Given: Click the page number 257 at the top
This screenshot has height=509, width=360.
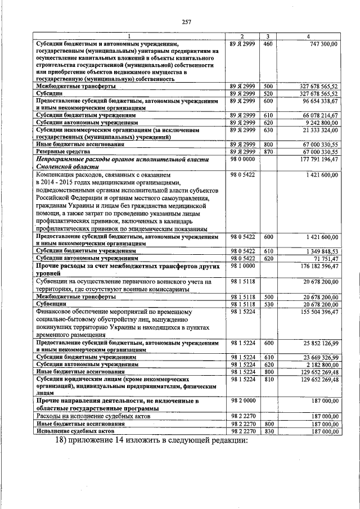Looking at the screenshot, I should (187, 22).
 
